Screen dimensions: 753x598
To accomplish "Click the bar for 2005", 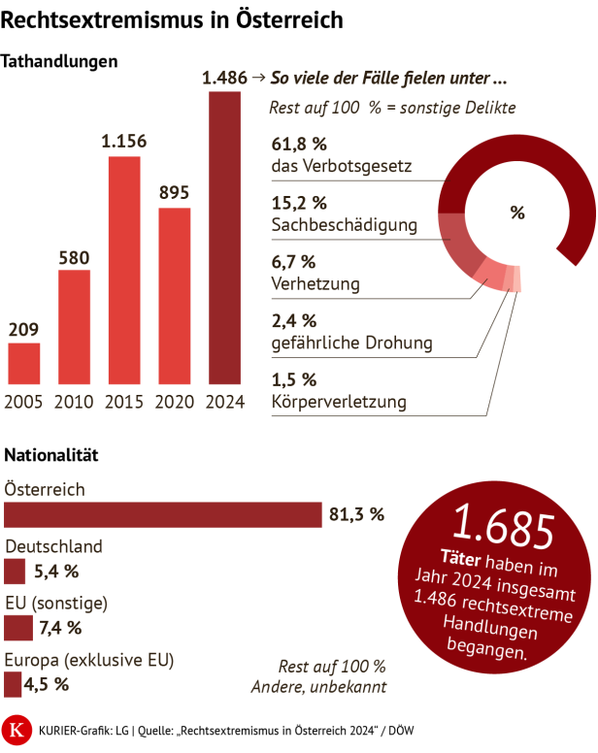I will pos(24,364).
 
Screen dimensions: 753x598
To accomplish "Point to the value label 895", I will pos(174,192).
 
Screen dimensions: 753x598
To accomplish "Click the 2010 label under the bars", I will pos(74,402).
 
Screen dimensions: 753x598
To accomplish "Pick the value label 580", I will pos(74,258).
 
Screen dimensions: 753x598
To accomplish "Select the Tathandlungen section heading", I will pos(61,61).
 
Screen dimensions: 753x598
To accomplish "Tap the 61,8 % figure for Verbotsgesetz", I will pos(299,145).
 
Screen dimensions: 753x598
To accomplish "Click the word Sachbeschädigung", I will pos(344,225).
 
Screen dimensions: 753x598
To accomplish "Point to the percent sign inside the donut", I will pos(516,213).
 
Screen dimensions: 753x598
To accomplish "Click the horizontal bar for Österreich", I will pos(163,514).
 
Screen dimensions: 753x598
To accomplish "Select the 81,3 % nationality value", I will pos(357,514).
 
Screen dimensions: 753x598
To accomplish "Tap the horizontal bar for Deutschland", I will pos(15,571).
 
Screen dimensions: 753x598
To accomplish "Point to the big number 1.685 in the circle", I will pos(502,527).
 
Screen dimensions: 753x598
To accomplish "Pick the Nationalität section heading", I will pos(51,454).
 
